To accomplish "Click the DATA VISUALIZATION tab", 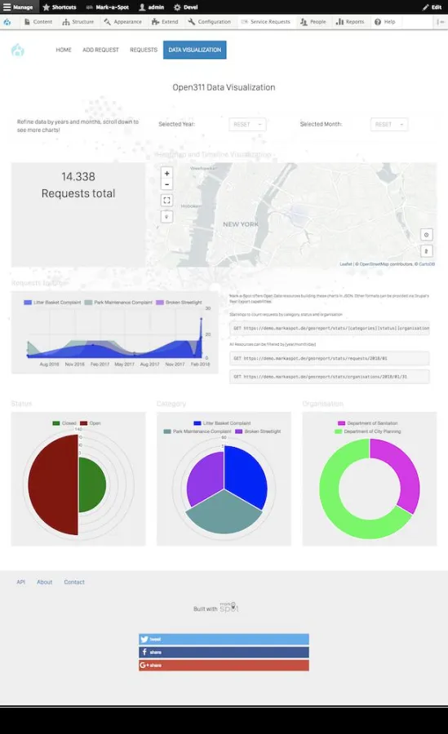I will (x=194, y=50).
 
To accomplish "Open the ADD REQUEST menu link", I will (x=100, y=50).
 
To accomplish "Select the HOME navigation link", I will (x=64, y=50).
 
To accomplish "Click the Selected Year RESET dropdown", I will (x=247, y=124).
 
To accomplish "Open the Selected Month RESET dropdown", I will (x=388, y=124).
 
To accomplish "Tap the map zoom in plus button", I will (x=166, y=174).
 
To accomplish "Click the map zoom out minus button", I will (x=166, y=185).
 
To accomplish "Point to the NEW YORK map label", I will (x=241, y=224).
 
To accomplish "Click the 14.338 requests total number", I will (x=78, y=176).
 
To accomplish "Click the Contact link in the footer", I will (x=74, y=581).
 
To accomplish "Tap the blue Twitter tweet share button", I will (x=224, y=639).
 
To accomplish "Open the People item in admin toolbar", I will (x=313, y=22).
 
